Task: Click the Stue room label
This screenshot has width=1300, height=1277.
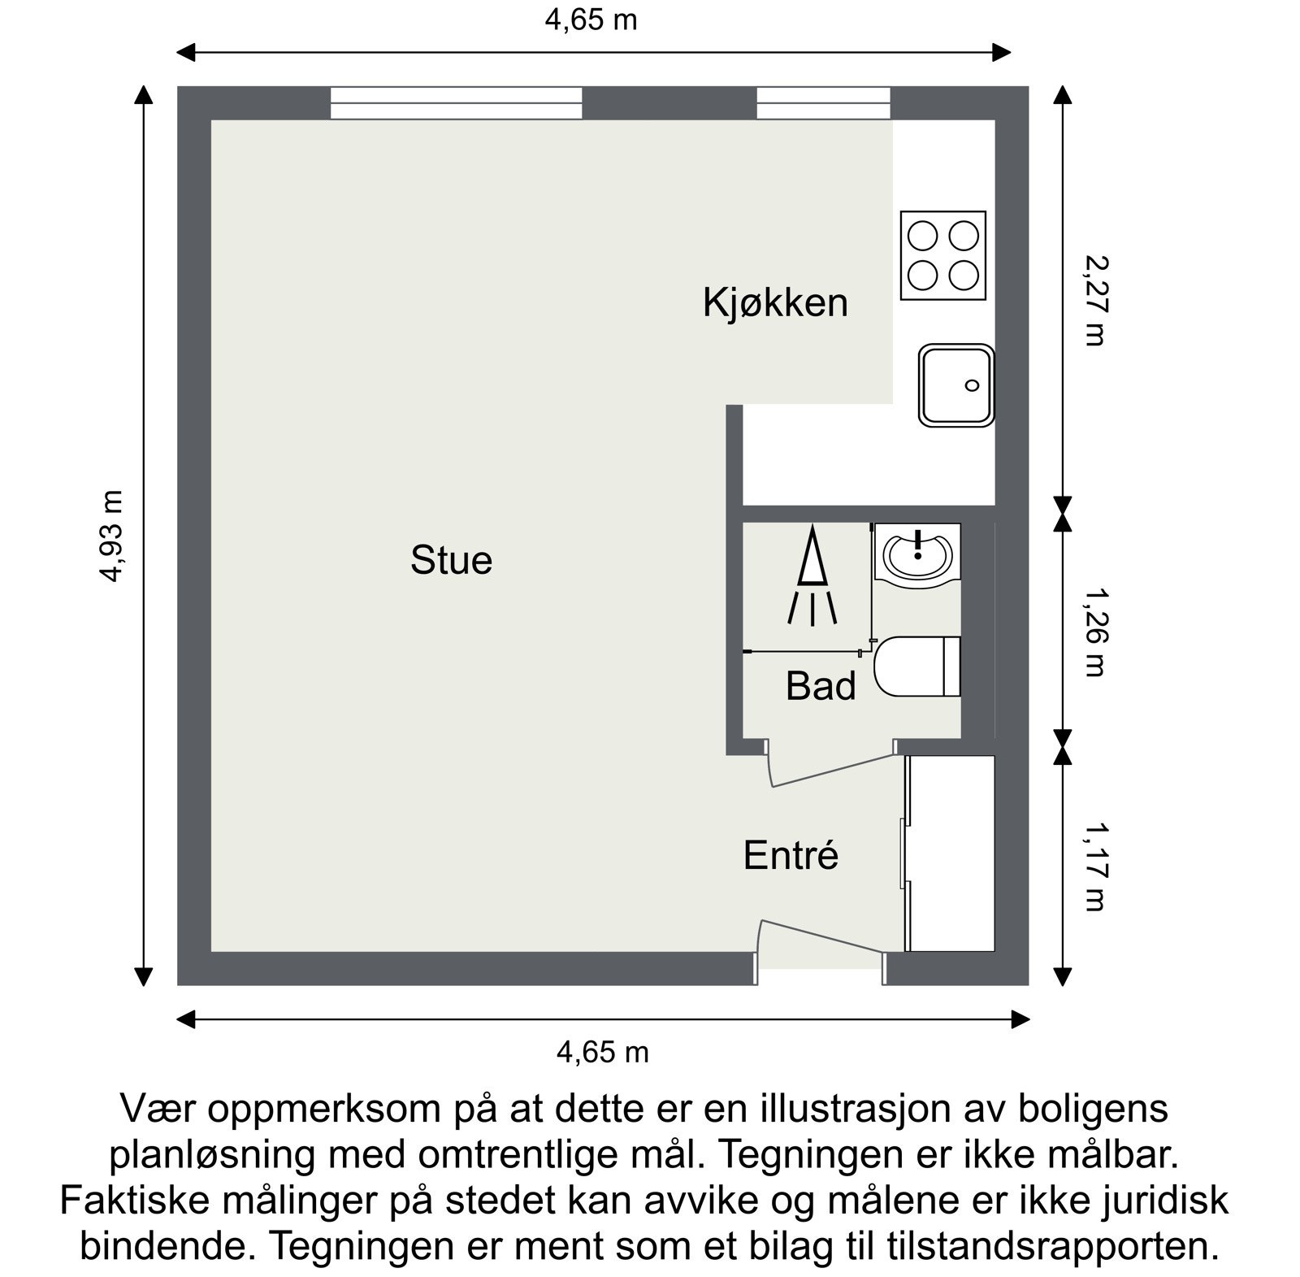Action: (x=451, y=561)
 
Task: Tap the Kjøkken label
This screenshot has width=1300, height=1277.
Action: (x=774, y=302)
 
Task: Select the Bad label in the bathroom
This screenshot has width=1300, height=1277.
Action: (x=821, y=686)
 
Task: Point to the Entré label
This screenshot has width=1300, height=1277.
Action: (x=791, y=855)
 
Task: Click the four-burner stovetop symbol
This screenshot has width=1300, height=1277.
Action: (x=942, y=255)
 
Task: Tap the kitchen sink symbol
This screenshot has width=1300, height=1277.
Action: (x=956, y=385)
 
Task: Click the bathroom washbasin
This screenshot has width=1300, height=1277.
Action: (x=918, y=553)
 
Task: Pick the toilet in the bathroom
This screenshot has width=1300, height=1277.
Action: (x=918, y=667)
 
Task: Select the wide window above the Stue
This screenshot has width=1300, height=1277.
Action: (x=456, y=103)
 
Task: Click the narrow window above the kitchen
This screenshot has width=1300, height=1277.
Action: (x=823, y=103)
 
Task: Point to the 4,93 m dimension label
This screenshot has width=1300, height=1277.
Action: (x=111, y=536)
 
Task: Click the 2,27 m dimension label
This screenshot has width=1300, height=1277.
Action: (x=1094, y=301)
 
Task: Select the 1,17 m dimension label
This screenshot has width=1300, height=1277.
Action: (x=1094, y=866)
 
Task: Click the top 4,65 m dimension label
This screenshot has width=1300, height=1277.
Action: (x=591, y=20)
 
